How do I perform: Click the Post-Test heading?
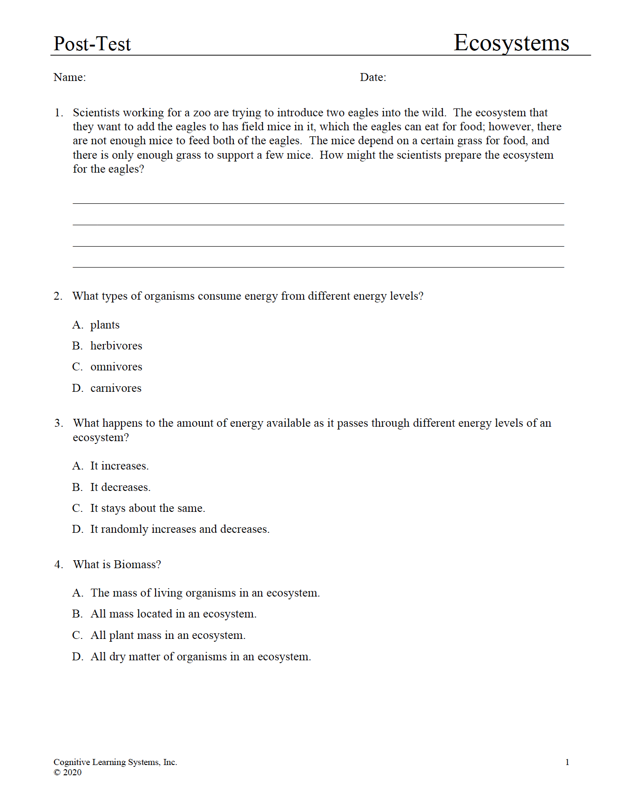[x=92, y=44]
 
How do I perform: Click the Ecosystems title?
[x=511, y=43]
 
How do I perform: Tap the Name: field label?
[x=70, y=77]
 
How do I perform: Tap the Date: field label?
[x=373, y=77]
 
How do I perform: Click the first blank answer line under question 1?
[x=318, y=203]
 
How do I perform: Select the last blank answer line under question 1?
[x=318, y=267]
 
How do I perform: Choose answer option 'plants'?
[x=105, y=325]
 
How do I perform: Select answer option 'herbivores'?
[x=116, y=346]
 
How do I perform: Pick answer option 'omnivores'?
[x=116, y=367]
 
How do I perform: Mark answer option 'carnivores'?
[x=115, y=388]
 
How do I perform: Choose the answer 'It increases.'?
[x=119, y=466]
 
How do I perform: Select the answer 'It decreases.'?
[x=120, y=487]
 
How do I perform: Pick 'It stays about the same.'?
[x=148, y=508]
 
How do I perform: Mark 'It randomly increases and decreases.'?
[x=180, y=529]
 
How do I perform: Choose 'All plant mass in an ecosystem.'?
[x=168, y=635]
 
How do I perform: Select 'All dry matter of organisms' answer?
[x=201, y=657]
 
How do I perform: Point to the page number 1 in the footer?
[x=567, y=762]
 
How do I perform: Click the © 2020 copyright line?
[x=68, y=772]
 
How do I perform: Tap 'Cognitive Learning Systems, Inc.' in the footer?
[x=115, y=762]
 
